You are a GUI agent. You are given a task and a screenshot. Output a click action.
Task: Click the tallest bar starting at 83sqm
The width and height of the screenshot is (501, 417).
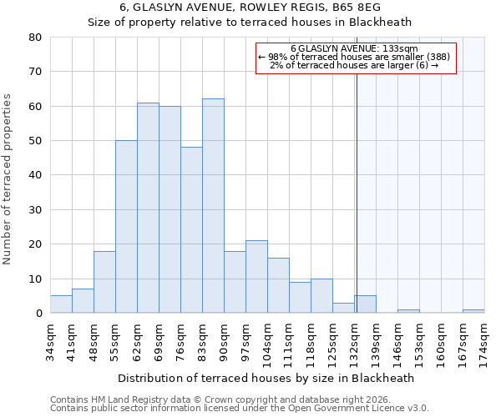[213, 206]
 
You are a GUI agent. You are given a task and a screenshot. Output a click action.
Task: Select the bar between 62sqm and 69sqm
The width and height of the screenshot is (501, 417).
[148, 208]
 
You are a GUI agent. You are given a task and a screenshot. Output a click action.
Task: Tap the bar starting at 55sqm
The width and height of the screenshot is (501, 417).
[126, 227]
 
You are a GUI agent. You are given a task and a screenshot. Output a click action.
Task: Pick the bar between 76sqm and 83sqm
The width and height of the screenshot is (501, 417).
[191, 230]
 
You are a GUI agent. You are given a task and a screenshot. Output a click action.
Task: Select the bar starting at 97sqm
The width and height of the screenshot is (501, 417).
[256, 277]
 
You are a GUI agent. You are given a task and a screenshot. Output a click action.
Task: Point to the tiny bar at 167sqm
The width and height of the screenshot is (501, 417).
[473, 311]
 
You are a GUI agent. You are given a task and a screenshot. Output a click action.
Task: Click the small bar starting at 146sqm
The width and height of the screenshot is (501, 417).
[408, 311]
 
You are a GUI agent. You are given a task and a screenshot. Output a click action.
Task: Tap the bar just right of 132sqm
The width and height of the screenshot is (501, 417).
[365, 304]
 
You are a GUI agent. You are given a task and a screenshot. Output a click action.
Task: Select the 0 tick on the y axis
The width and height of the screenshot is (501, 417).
[38, 314]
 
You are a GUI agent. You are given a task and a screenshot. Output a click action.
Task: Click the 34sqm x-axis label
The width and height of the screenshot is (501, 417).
[50, 339]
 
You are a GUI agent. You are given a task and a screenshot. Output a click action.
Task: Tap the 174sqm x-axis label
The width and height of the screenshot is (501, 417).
[484, 339]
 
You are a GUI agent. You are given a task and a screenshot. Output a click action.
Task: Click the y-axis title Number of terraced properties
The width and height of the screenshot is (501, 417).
[8, 178]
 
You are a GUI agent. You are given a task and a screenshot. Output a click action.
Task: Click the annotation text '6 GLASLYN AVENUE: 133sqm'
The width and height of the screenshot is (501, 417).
[354, 48]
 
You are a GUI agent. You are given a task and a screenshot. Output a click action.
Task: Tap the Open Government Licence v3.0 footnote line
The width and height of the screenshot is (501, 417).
[240, 409]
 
